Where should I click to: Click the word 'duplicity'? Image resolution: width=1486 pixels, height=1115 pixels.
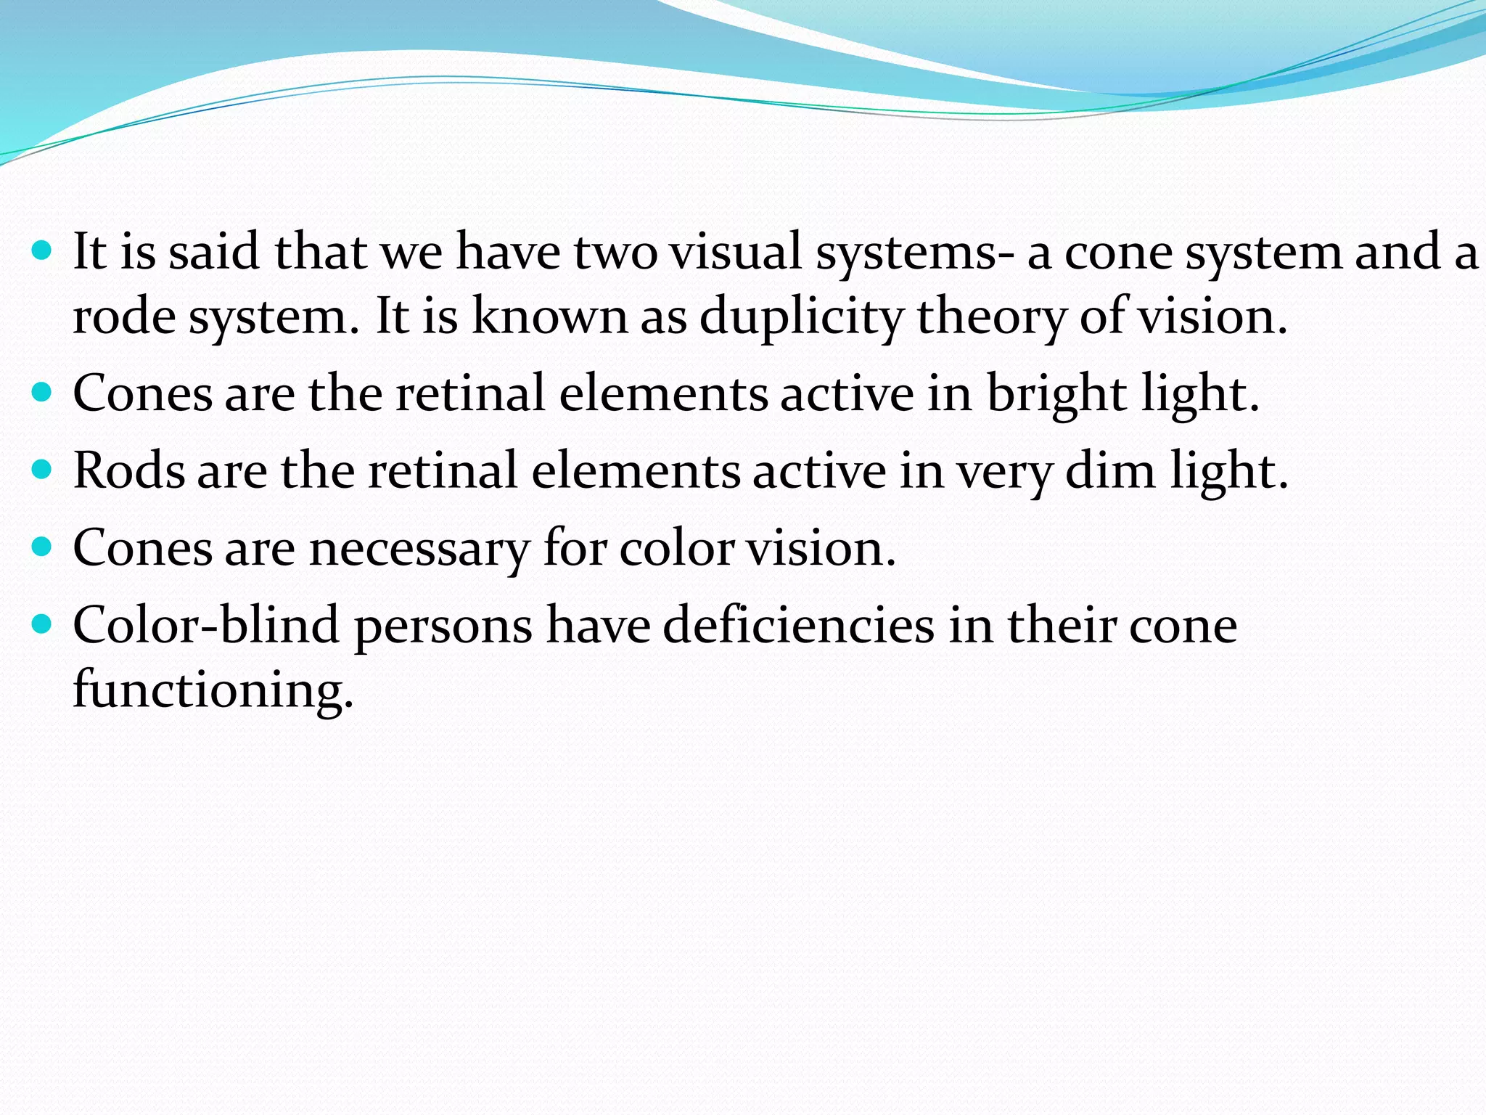coord(801,317)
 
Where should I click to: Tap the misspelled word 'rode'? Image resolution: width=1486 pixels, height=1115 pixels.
coord(124,317)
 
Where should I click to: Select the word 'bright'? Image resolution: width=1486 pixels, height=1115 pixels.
coord(1056,394)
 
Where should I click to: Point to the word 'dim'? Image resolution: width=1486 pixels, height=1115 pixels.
coord(1110,472)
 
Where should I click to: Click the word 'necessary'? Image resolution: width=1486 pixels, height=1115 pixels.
coord(419,550)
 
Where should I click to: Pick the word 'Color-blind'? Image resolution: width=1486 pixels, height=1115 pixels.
coord(206,626)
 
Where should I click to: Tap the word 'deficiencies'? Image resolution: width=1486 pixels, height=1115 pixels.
coord(798,626)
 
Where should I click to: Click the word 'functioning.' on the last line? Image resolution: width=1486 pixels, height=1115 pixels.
coord(213,690)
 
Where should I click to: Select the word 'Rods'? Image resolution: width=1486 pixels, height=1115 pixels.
coord(129,472)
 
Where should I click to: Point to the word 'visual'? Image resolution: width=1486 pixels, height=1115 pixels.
coord(735,253)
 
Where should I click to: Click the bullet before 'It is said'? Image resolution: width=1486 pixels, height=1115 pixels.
coord(43,251)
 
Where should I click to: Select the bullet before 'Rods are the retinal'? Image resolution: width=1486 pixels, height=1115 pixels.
coord(43,470)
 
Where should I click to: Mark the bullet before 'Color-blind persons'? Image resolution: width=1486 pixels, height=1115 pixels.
coord(43,623)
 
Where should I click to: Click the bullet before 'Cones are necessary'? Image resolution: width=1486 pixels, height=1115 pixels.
coord(43,546)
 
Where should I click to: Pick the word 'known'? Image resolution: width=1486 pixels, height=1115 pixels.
coord(549,317)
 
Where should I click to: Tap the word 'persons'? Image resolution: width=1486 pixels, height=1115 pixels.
coord(443,626)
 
